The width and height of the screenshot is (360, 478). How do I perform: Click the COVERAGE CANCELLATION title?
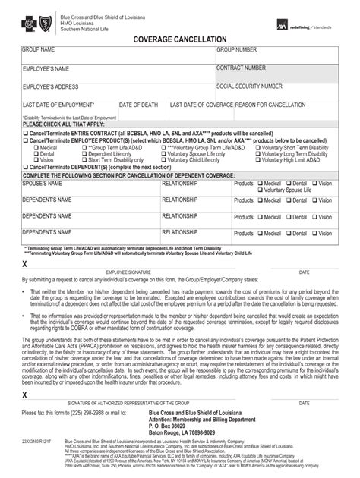pyautogui.click(x=179, y=38)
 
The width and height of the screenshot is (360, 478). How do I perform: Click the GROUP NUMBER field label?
pyautogui.click(x=237, y=50)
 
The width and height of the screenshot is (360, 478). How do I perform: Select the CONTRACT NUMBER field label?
pyautogui.click(x=242, y=68)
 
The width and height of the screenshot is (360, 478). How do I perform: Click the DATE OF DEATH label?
pyautogui.click(x=138, y=105)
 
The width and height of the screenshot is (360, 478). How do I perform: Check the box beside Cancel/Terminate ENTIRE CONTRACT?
pyautogui.click(x=25, y=133)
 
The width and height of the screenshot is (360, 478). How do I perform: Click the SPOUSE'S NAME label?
pyautogui.click(x=46, y=183)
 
